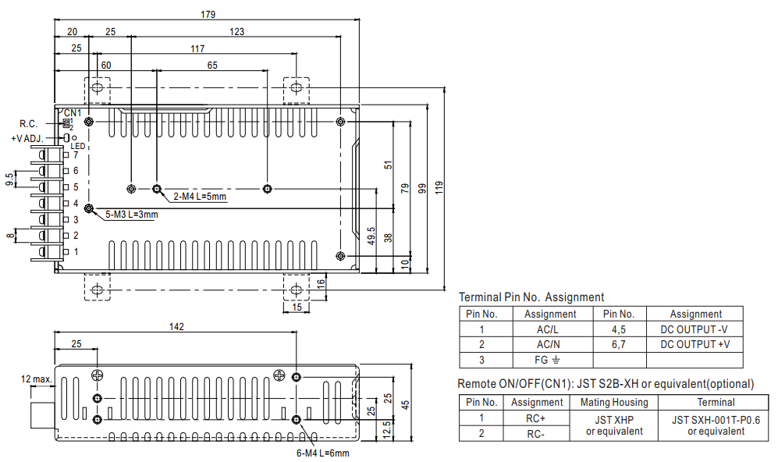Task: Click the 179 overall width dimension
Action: tap(208, 14)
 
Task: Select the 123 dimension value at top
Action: tap(236, 32)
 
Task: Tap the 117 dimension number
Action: tap(197, 48)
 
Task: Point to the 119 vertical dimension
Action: tap(439, 187)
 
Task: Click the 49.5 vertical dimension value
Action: tap(371, 236)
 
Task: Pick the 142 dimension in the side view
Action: tap(176, 326)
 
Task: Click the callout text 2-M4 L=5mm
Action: tap(200, 197)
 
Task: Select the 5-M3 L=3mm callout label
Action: tap(131, 215)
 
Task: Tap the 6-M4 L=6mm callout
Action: tap(322, 453)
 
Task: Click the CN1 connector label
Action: tap(73, 113)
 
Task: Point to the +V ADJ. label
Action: tap(27, 138)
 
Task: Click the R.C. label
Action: tap(28, 124)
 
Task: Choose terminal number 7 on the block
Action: tap(76, 155)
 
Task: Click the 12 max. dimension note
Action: tap(36, 379)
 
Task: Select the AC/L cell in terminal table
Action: tap(548, 329)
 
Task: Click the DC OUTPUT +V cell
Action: tap(695, 344)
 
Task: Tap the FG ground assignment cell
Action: tap(547, 360)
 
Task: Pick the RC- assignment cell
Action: tap(535, 434)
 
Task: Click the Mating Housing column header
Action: tap(614, 402)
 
